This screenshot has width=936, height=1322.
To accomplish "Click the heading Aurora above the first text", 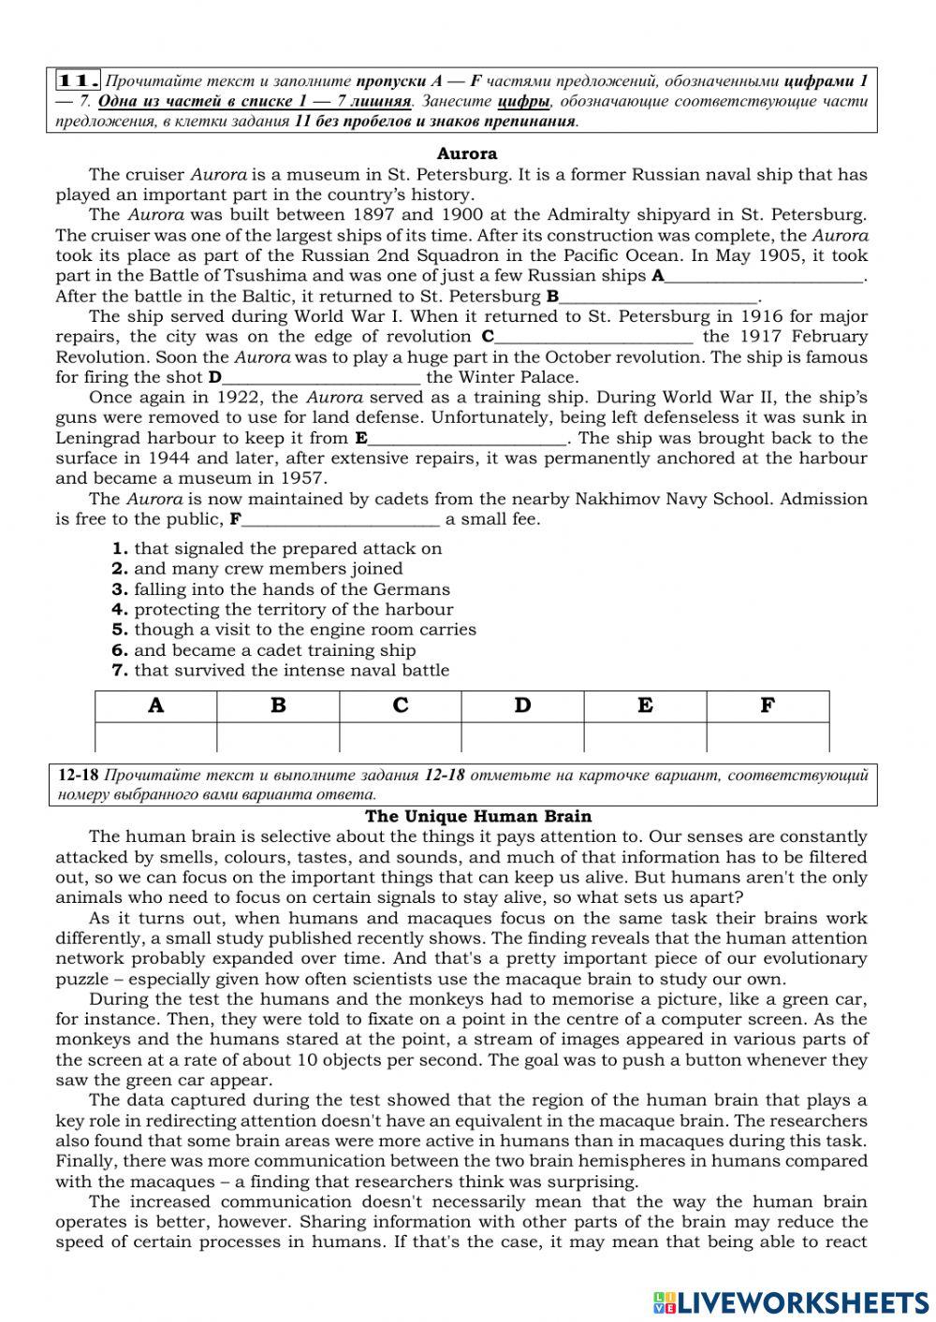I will pyautogui.click(x=467, y=154).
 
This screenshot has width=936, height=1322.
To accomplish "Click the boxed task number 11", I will pyautogui.click(x=79, y=81).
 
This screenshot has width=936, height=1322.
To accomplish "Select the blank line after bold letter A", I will pyautogui.click(x=764, y=277).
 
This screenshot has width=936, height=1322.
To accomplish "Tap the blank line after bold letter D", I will pyautogui.click(x=322, y=379).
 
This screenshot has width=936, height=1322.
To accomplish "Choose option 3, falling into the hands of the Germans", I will pyautogui.click(x=291, y=589).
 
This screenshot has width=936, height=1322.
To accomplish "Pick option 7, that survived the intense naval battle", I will pyautogui.click(x=291, y=671).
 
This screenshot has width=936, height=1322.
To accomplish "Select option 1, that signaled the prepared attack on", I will pyautogui.click(x=287, y=549).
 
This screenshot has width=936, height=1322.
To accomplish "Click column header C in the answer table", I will pyautogui.click(x=401, y=706).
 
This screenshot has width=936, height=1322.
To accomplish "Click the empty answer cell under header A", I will pyautogui.click(x=155, y=737).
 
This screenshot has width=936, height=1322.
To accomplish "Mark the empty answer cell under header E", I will pyautogui.click(x=645, y=737).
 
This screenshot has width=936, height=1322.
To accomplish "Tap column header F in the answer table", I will pyautogui.click(x=768, y=706).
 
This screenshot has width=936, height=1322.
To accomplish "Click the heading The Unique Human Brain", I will pyautogui.click(x=478, y=817).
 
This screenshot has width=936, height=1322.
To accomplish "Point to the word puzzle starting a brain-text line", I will pyautogui.click(x=81, y=980).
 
